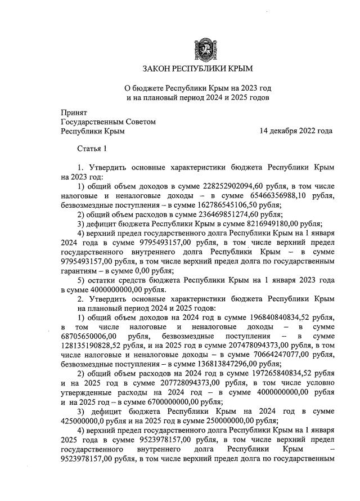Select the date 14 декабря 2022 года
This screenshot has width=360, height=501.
click(x=295, y=131)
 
